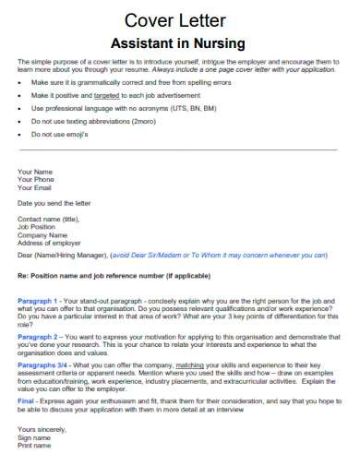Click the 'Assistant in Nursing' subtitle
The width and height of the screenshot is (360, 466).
(178, 42)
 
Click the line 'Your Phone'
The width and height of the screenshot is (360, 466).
(36, 179)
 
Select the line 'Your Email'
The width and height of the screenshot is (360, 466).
(35, 187)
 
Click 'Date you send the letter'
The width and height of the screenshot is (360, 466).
(55, 202)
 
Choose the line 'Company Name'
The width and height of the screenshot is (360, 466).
(42, 234)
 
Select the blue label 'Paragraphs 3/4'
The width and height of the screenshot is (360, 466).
(42, 366)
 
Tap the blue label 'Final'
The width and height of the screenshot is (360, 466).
(27, 402)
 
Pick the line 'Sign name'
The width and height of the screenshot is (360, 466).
(36, 438)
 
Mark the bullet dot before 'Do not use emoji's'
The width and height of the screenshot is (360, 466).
(20, 134)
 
